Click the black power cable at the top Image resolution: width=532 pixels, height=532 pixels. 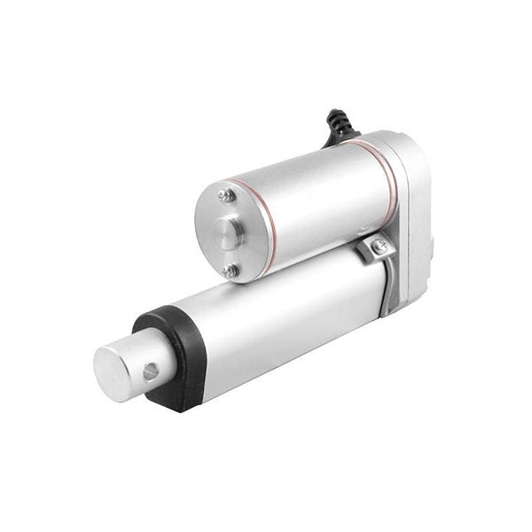(339, 127)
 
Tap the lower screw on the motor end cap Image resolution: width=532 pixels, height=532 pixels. (230, 270)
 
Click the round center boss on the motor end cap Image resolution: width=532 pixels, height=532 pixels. (229, 234)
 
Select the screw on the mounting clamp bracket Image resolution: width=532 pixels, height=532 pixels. (380, 247)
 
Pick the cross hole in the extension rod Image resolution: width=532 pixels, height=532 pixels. (151, 372)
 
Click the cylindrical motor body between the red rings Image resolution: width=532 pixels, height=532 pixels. (319, 199)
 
